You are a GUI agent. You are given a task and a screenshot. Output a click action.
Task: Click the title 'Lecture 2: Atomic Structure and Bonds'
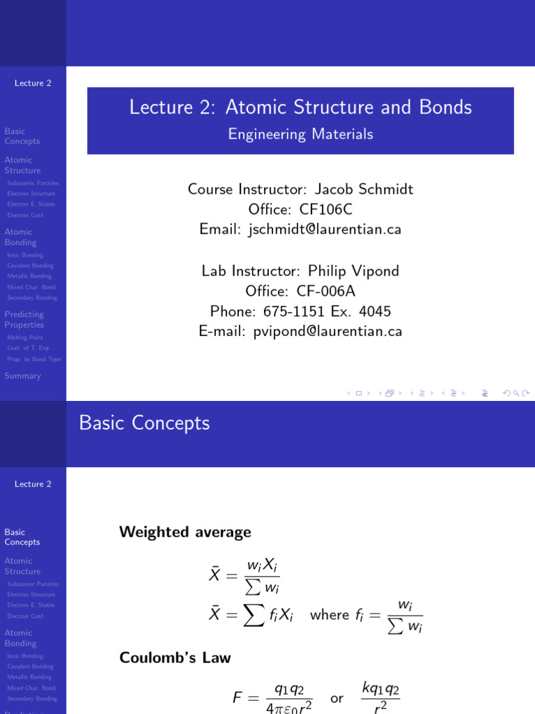click(300, 107)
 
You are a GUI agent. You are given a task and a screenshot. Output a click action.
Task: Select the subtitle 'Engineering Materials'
click(300, 135)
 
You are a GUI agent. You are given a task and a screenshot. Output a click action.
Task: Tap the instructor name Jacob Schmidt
click(364, 189)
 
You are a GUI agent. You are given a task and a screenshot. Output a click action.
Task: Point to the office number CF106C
click(326, 209)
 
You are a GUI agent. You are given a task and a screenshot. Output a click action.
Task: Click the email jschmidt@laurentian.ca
click(325, 229)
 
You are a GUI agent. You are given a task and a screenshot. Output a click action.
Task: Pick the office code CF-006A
click(326, 291)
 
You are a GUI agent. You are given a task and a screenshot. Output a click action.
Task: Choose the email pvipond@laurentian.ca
click(325, 332)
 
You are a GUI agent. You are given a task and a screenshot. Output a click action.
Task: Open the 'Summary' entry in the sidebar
click(22, 376)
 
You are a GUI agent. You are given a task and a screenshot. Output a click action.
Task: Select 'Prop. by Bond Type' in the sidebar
click(34, 359)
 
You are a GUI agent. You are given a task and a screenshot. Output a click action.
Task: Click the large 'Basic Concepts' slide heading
click(144, 423)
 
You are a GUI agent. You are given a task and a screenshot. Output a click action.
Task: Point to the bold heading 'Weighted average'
click(185, 532)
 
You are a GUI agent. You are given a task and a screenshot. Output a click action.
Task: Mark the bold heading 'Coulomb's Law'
click(175, 658)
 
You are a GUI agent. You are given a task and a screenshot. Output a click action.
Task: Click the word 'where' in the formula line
click(329, 615)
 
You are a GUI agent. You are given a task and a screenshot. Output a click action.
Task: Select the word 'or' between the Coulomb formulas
click(336, 698)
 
